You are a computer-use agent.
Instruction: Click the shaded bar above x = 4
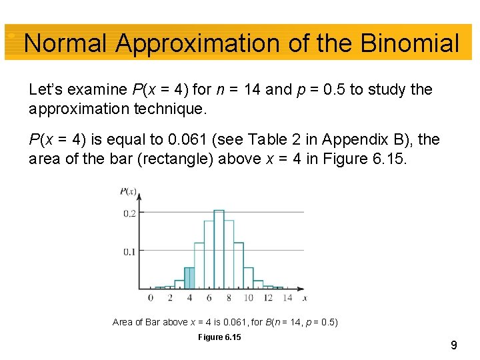coord(189,278)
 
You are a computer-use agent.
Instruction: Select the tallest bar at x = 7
coord(219,250)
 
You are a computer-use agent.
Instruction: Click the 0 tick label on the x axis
coord(151,298)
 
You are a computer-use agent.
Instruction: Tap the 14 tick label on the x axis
coord(287,298)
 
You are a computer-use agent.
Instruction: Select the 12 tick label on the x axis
coord(268,298)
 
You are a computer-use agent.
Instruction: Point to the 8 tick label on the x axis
coord(229,298)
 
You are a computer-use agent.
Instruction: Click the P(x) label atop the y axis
coord(128,192)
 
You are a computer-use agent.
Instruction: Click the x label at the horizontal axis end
coord(304,298)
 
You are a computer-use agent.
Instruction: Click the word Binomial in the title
coord(409,43)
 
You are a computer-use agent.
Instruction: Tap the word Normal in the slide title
coord(65,43)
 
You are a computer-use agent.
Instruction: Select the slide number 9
coord(453,345)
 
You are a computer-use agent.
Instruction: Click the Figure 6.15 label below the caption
coord(219,337)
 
